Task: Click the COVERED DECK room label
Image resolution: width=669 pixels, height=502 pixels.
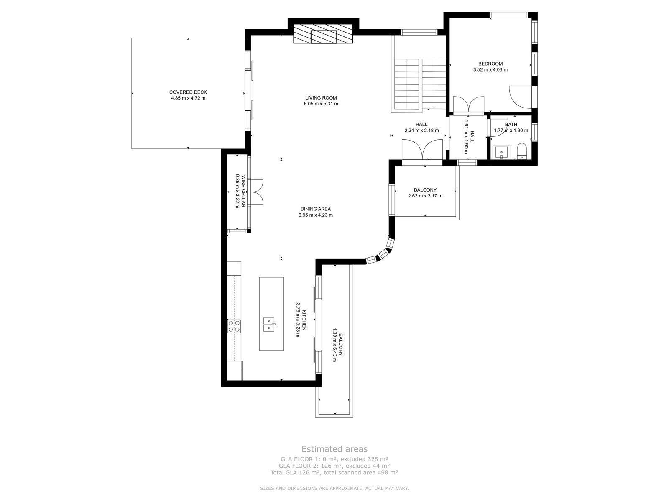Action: (x=188, y=92)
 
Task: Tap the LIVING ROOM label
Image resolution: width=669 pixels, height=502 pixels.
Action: (x=321, y=98)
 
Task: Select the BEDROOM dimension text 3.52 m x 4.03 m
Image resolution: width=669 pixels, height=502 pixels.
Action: (x=490, y=69)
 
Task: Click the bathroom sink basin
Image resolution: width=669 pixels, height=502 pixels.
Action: (x=502, y=152)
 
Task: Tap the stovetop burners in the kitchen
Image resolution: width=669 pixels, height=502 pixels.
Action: (x=234, y=326)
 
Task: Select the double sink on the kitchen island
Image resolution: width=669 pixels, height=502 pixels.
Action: (x=269, y=324)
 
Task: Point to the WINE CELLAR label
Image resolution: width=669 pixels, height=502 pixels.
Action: (x=243, y=191)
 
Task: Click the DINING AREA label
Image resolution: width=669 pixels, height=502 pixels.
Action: (x=315, y=209)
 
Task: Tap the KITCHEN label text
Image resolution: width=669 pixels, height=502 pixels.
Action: (x=304, y=320)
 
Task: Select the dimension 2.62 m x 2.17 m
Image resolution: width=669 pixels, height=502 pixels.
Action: (x=425, y=196)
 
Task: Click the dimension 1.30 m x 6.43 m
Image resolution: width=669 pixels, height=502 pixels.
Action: (x=334, y=345)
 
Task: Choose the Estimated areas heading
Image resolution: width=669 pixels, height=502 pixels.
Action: (x=334, y=449)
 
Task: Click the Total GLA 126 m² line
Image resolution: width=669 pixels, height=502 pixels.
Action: (x=334, y=472)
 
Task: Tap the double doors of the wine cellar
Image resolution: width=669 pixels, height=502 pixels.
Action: (x=256, y=192)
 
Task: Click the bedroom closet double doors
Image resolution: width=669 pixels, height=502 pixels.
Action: (x=469, y=105)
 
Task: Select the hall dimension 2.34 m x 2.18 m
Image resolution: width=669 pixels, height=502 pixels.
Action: (x=421, y=131)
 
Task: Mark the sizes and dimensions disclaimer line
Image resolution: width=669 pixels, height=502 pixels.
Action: (x=334, y=488)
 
